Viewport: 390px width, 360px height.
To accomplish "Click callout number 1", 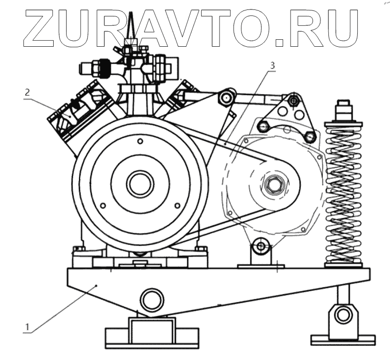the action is point(29,327).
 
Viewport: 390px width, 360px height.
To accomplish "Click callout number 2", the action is point(27,92).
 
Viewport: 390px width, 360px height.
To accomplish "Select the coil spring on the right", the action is point(343,194).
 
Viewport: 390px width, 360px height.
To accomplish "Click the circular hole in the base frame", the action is point(152,299).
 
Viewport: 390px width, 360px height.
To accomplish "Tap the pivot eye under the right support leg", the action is point(343,314).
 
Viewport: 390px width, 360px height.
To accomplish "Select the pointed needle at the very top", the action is point(131,25).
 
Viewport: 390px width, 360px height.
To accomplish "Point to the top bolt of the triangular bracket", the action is point(295,101).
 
